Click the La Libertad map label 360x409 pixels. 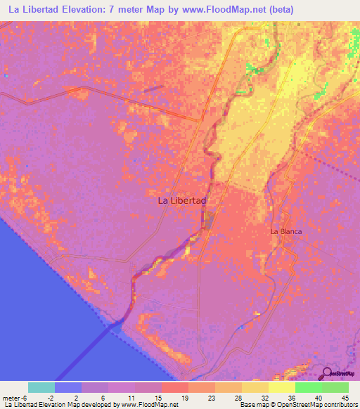182,200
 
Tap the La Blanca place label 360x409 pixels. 286,231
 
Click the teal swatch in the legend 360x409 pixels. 41,387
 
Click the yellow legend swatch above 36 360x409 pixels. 281,387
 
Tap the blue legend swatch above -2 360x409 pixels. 68,387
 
